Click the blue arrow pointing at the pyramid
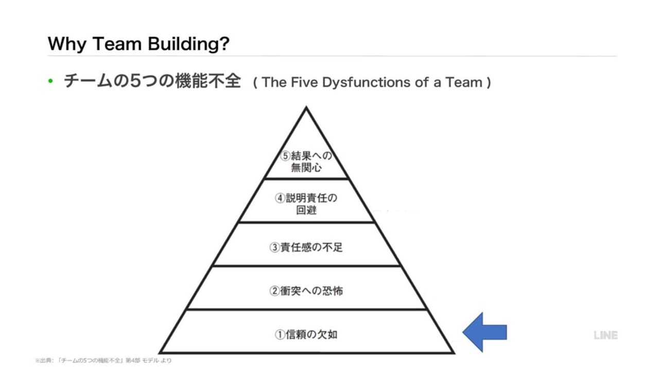pyautogui.click(x=484, y=332)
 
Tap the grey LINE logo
pyautogui.click(x=605, y=335)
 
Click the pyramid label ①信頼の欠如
pyautogui.click(x=306, y=335)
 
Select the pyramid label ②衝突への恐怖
pyautogui.click(x=306, y=291)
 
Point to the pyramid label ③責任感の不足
pyautogui.click(x=306, y=247)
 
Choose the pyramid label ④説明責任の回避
pyautogui.click(x=306, y=204)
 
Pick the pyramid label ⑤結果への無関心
pyautogui.click(x=306, y=161)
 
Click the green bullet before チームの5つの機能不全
pyautogui.click(x=50, y=82)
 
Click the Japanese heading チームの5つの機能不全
pyautogui.click(x=152, y=82)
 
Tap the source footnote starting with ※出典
pyautogui.click(x=103, y=360)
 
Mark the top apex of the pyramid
pyautogui.click(x=307, y=108)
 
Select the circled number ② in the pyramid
pyautogui.click(x=274, y=291)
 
